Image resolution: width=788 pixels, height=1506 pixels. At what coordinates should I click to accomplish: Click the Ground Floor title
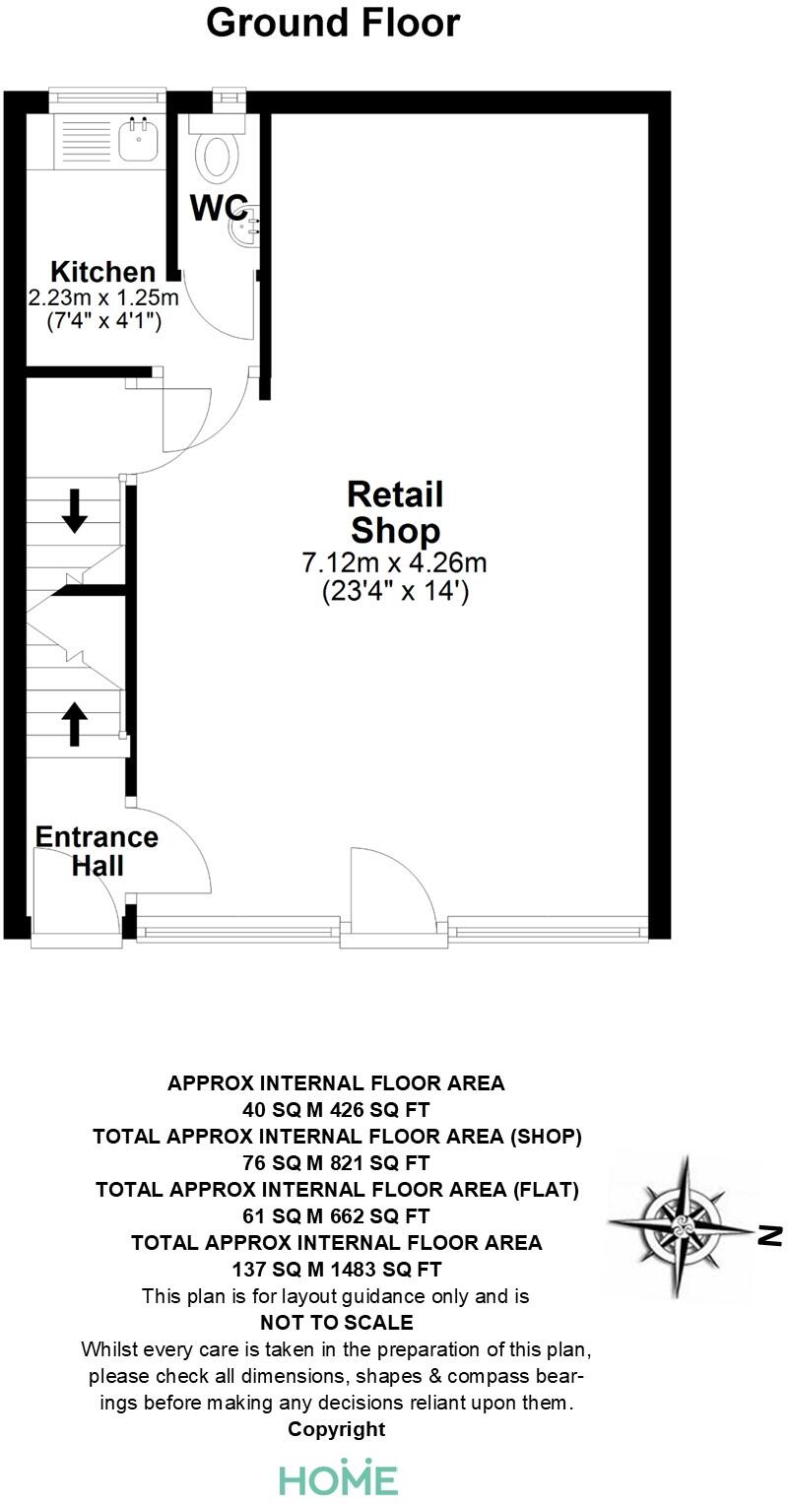pyautogui.click(x=333, y=23)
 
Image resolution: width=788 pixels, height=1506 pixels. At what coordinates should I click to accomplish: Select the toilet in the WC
pyautogui.click(x=218, y=154)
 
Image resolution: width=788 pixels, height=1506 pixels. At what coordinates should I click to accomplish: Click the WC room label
pyautogui.click(x=218, y=209)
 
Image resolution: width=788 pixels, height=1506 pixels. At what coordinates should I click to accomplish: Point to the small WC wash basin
pyautogui.click(x=243, y=228)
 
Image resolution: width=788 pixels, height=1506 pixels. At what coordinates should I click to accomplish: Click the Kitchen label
pyautogui.click(x=102, y=272)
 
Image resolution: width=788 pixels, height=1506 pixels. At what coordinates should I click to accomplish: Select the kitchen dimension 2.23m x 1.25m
pyautogui.click(x=102, y=295)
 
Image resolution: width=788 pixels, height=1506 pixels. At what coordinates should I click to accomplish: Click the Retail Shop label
pyautogui.click(x=395, y=511)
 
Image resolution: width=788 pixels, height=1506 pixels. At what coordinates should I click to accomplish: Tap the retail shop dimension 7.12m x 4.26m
pyautogui.click(x=395, y=564)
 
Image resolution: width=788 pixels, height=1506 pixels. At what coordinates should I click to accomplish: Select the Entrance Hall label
pyautogui.click(x=97, y=851)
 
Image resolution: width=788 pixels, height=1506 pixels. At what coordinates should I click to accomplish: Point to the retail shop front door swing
pyautogui.click(x=391, y=886)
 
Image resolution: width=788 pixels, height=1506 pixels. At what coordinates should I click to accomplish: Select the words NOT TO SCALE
pyautogui.click(x=337, y=1322)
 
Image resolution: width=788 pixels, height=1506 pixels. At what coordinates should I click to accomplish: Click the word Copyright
pyautogui.click(x=337, y=1428)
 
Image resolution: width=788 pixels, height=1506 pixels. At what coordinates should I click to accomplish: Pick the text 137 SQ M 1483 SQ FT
pyautogui.click(x=337, y=1269)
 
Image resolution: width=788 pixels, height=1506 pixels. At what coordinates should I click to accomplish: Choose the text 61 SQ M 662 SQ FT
pyautogui.click(x=337, y=1215)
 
